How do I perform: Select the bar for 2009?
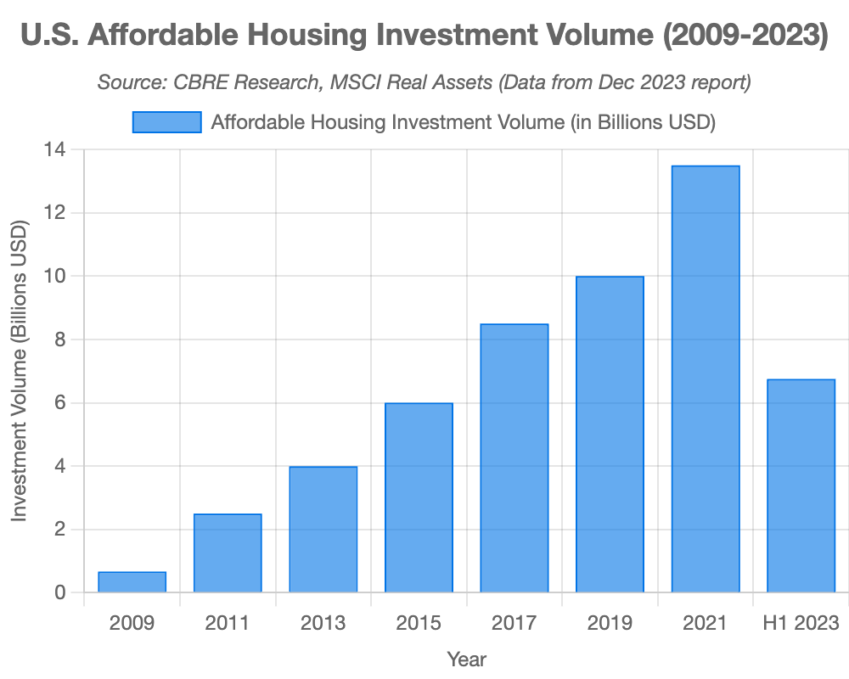tap(132, 581)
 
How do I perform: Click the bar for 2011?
tap(228, 553)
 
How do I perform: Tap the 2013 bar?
tap(323, 529)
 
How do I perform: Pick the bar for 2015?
tap(419, 497)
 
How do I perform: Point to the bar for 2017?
tap(514, 457)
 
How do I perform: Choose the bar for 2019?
tap(610, 434)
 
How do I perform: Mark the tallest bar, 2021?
tap(706, 379)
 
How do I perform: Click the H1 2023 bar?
tap(801, 485)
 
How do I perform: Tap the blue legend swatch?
tap(166, 122)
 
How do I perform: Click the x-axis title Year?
tap(466, 659)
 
